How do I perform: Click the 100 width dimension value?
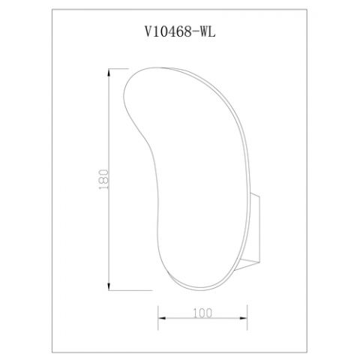202,308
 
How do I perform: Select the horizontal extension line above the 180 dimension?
124,68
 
